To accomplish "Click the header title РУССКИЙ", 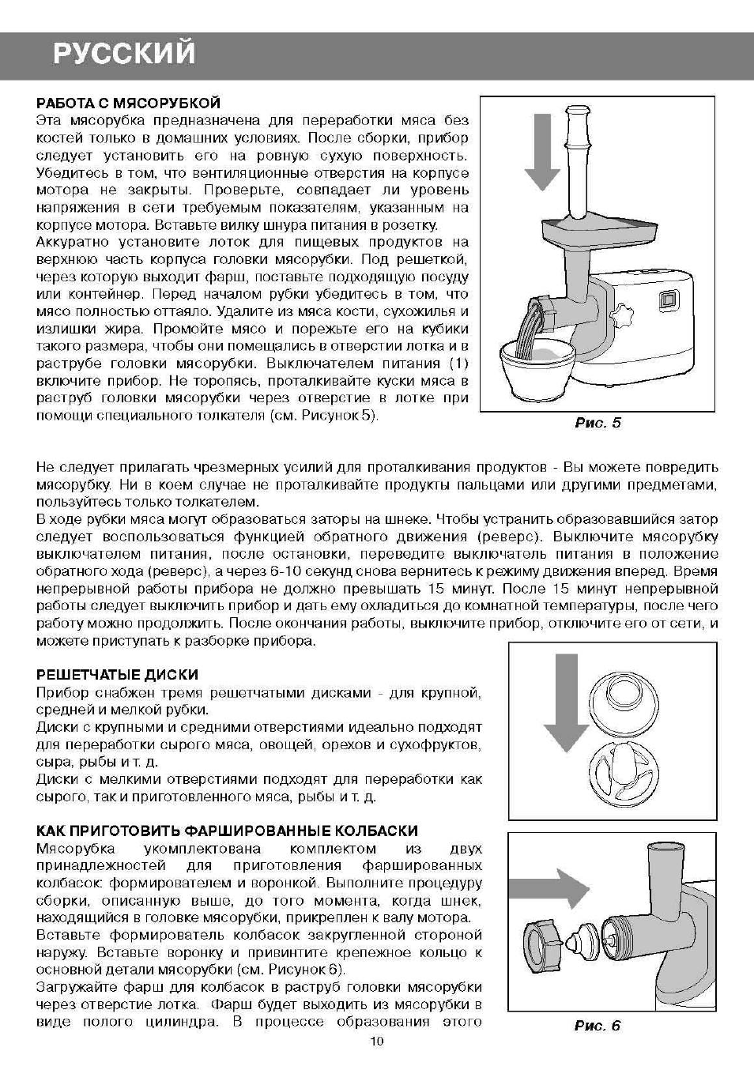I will pyautogui.click(x=124, y=54).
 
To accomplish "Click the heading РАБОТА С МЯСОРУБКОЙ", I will pyautogui.click(x=128, y=104).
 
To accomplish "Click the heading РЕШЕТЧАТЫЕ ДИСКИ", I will pyautogui.click(x=118, y=675).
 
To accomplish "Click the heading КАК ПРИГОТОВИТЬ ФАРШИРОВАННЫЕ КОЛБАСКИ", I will pyautogui.click(x=228, y=831).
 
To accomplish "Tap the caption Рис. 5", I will pyautogui.click(x=598, y=423).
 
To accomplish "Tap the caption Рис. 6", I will pyautogui.click(x=598, y=1026).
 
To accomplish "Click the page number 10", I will pyautogui.click(x=376, y=1042).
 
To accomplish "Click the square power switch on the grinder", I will pyautogui.click(x=669, y=300).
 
